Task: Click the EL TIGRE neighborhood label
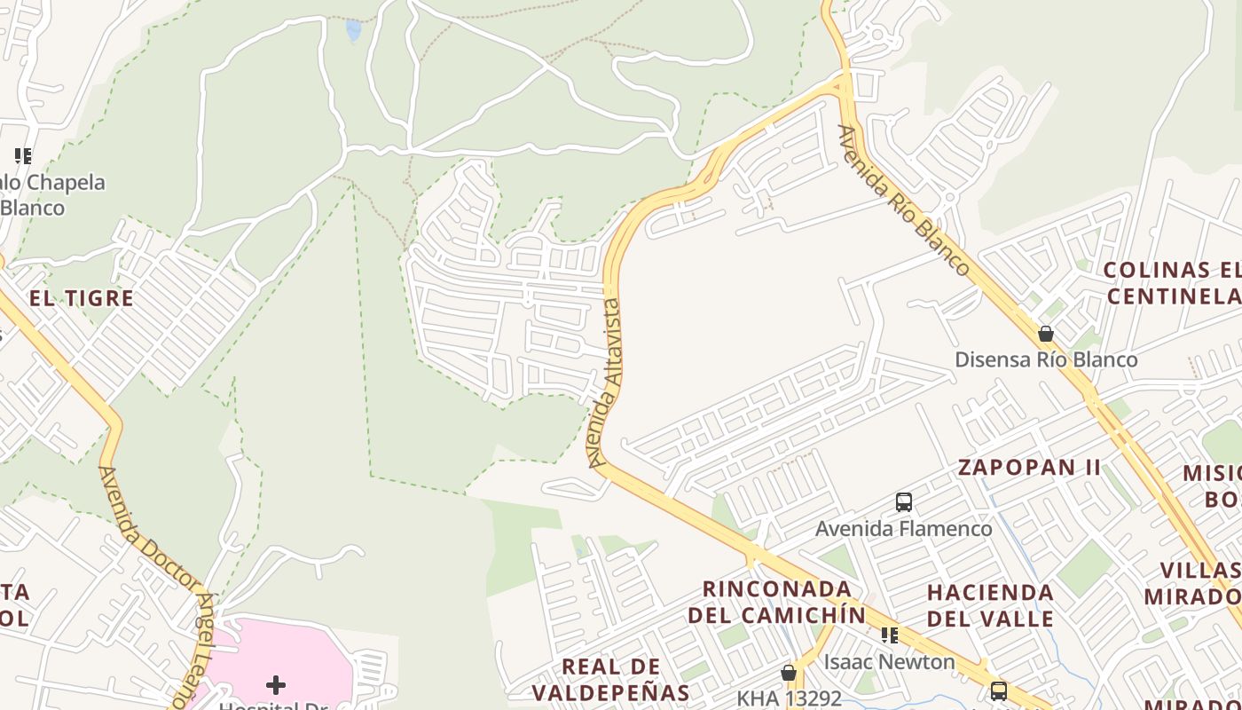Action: pyautogui.click(x=82, y=298)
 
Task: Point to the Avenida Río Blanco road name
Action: pyautogui.click(x=903, y=201)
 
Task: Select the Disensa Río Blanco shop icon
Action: pyautogui.click(x=1046, y=335)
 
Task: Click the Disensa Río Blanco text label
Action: pyautogui.click(x=1046, y=359)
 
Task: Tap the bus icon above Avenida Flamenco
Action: pyautogui.click(x=903, y=502)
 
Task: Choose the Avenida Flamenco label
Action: pyautogui.click(x=903, y=529)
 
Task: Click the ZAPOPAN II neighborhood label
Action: pyautogui.click(x=1029, y=468)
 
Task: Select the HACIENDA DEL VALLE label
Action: pyautogui.click(x=990, y=605)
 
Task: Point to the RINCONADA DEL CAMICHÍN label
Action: pyautogui.click(x=777, y=601)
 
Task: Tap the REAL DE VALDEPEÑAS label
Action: pyautogui.click(x=611, y=679)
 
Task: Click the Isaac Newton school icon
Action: pyautogui.click(x=889, y=635)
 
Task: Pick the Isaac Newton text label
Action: pyautogui.click(x=889, y=662)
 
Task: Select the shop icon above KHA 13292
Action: pyautogui.click(x=788, y=673)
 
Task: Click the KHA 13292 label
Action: pyautogui.click(x=788, y=698)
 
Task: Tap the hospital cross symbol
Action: pyautogui.click(x=276, y=684)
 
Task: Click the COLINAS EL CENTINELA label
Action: pyautogui.click(x=1171, y=282)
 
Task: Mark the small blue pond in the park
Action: pyautogui.click(x=354, y=31)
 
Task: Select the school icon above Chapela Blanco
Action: pyautogui.click(x=23, y=156)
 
